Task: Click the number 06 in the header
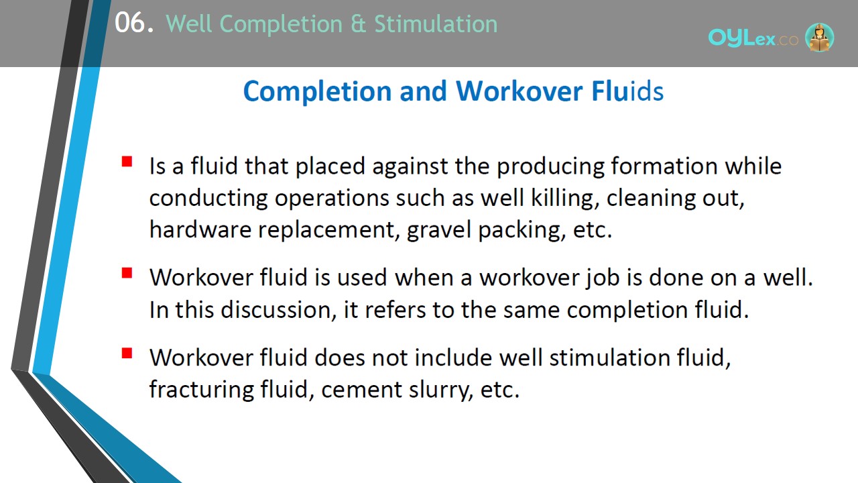click(x=130, y=23)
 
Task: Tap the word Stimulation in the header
click(x=436, y=23)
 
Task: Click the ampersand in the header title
click(x=358, y=24)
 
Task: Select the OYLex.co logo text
click(x=753, y=38)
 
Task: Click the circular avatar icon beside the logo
click(x=819, y=37)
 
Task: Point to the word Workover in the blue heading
click(x=519, y=91)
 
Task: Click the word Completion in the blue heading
click(x=318, y=92)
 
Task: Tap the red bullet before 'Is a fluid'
click(x=127, y=162)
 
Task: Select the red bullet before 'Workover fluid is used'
click(x=127, y=272)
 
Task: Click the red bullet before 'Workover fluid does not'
click(x=127, y=353)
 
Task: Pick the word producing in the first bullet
click(x=550, y=167)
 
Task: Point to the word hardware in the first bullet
click(x=200, y=230)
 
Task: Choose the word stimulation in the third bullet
click(x=609, y=358)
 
